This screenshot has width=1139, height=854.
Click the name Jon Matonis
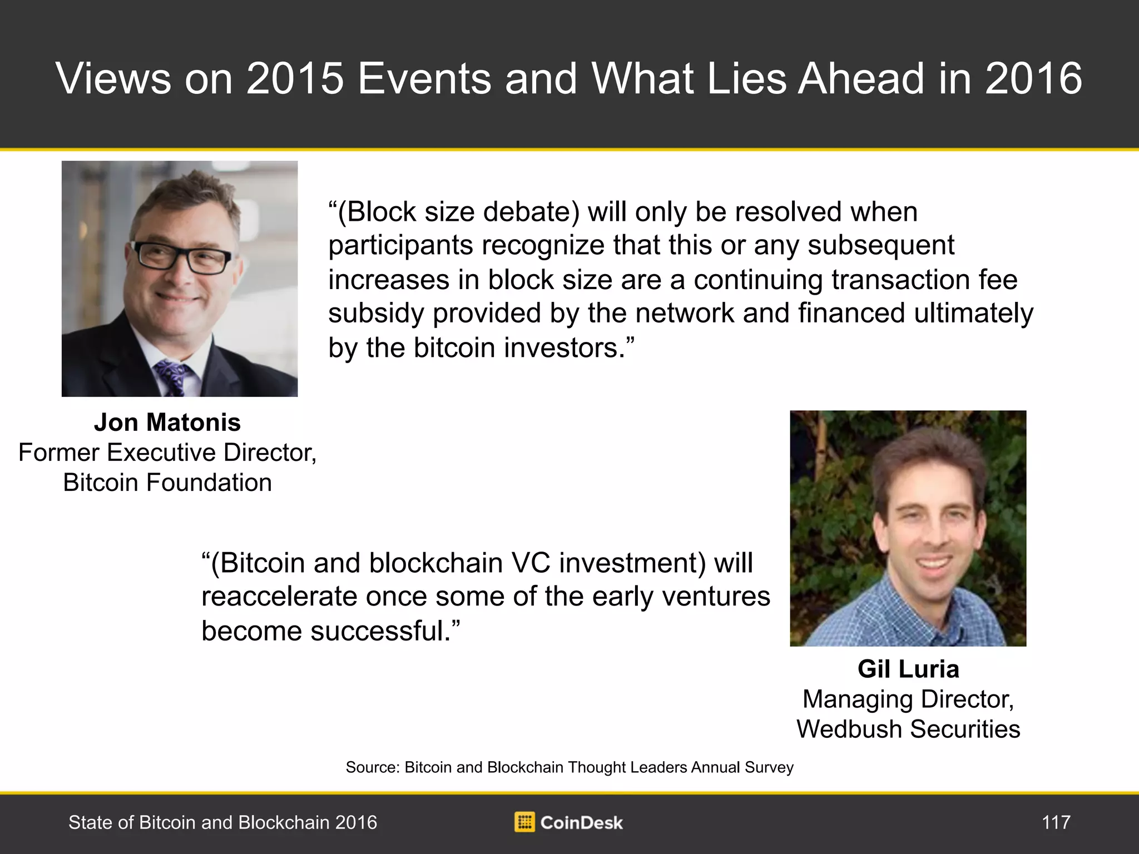(x=167, y=423)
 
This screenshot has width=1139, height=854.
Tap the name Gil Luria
(x=908, y=669)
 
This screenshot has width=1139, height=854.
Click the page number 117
(x=1056, y=822)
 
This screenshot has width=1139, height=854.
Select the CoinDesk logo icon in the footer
(x=524, y=822)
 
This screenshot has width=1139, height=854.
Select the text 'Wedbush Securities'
(x=908, y=729)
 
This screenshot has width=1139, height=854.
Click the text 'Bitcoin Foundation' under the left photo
(x=167, y=483)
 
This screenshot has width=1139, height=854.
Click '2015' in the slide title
(x=295, y=78)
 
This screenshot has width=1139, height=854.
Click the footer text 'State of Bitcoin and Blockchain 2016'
(x=222, y=822)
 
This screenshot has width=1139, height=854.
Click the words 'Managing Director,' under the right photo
(x=908, y=699)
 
